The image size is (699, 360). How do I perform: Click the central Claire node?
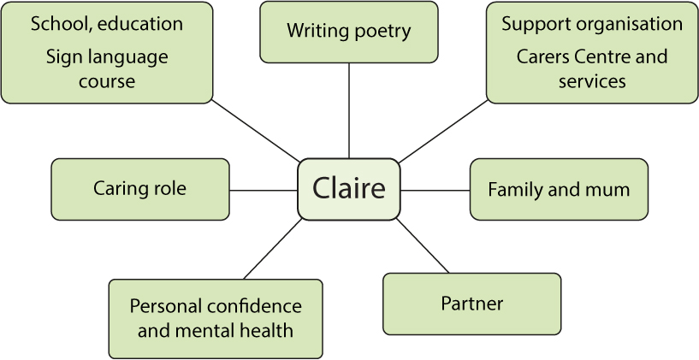pos(348,188)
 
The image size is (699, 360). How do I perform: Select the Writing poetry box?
pos(349,32)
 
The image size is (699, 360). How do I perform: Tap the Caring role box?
pos(140,189)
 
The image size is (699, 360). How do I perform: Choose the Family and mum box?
pos(559,189)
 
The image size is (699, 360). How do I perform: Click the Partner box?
pos(471,304)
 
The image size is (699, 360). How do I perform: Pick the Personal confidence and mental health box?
pos(216,318)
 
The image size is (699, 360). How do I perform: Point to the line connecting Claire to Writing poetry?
pos(349,110)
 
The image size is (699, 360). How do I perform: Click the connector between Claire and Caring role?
pos(264,190)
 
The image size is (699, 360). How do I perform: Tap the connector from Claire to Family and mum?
pos(435,190)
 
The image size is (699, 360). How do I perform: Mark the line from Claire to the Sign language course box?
pos(255,131)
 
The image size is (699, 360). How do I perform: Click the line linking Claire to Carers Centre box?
pos(443,131)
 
